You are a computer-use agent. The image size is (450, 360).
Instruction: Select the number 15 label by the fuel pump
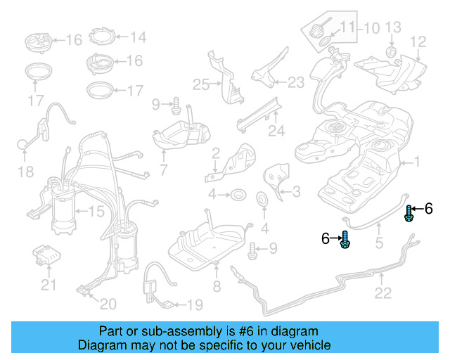[95, 211]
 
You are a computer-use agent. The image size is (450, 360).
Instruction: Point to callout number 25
[201, 85]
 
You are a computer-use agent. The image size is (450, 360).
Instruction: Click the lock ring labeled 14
[101, 37]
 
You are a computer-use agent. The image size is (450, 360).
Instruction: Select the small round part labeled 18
[22, 145]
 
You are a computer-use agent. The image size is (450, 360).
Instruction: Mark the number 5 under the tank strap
[378, 244]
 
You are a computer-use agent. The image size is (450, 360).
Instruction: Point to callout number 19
[194, 304]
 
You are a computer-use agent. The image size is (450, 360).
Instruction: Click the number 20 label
[108, 304]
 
